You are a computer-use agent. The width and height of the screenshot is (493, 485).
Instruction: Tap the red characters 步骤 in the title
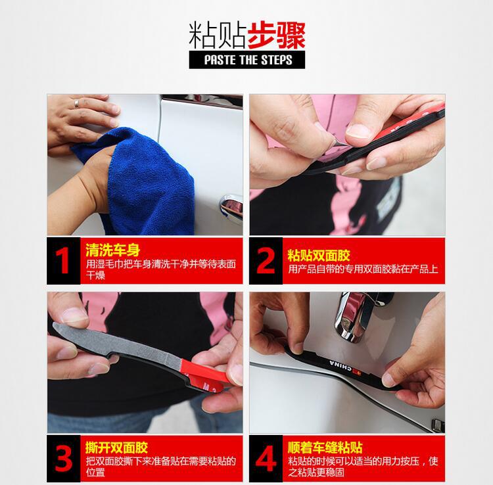[x=277, y=34]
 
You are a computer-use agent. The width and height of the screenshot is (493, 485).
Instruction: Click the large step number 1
[x=62, y=260]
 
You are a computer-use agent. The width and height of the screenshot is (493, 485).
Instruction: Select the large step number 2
[x=266, y=260]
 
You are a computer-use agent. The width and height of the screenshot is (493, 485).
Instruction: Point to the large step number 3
[x=63, y=457]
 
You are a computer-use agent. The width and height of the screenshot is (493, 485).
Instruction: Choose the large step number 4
[x=266, y=457]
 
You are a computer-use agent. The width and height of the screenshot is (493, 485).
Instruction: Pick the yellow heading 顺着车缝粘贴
[x=327, y=448]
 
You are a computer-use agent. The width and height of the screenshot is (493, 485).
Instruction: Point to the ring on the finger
[x=76, y=103]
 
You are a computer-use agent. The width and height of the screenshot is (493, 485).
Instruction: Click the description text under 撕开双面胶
[x=160, y=467]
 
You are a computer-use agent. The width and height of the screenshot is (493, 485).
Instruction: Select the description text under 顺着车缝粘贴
[x=362, y=467]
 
